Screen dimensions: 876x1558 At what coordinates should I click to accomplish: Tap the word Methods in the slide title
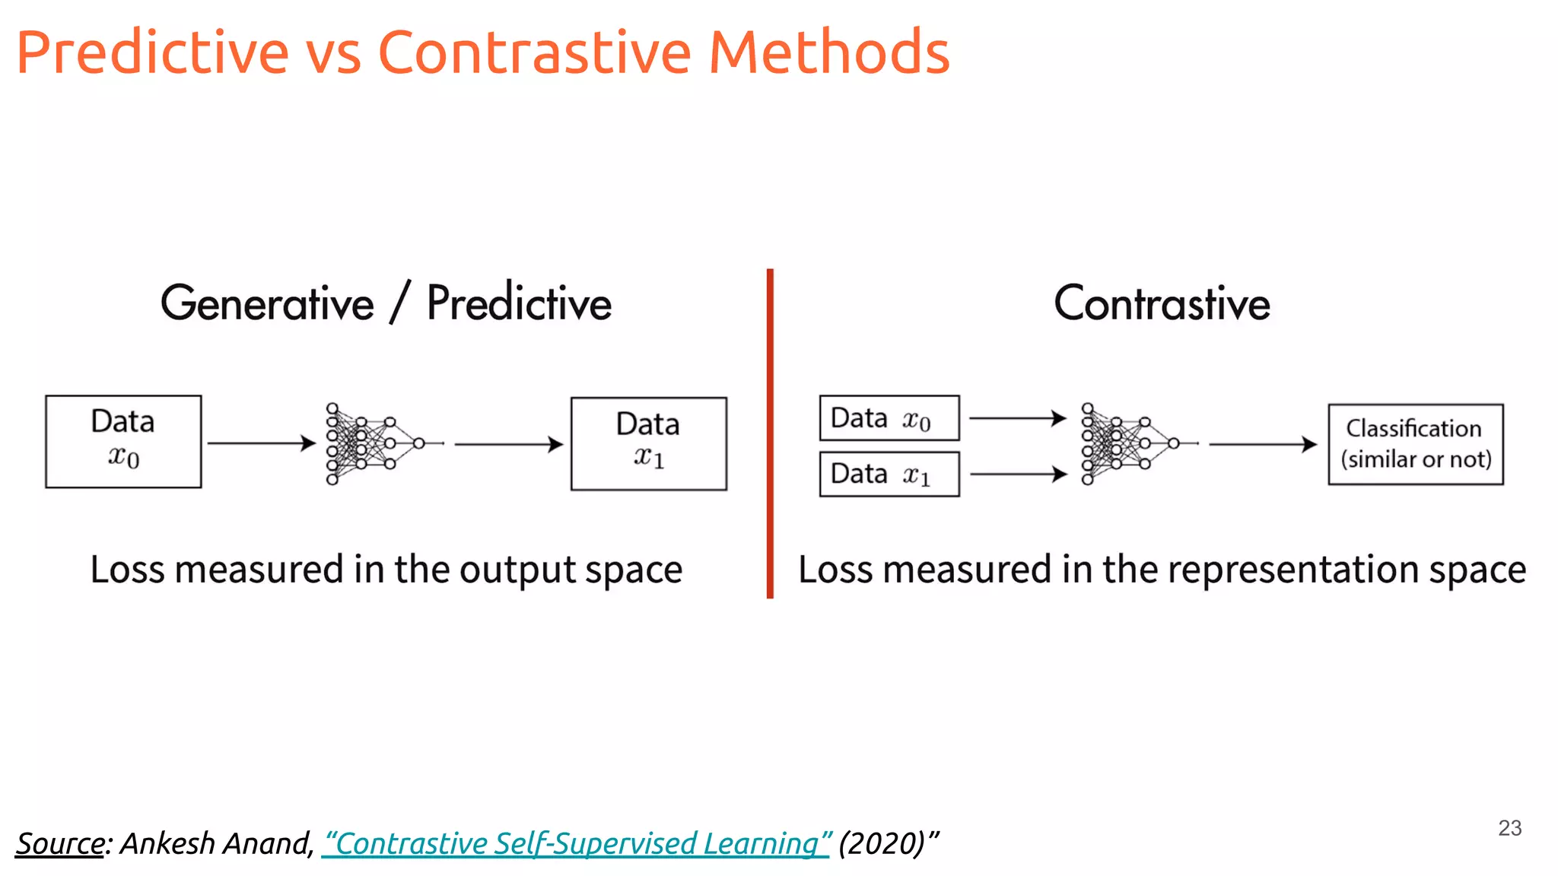828,53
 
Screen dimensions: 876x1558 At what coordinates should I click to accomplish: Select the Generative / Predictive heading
386,303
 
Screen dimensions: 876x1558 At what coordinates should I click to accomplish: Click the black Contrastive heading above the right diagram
1162,303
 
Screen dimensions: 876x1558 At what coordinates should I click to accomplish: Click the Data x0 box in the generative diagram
123,441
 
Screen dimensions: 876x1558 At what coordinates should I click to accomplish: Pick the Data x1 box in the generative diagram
649,443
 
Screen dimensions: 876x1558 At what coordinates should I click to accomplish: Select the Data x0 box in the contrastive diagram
889,417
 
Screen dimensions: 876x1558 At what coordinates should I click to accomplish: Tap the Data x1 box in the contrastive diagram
889,474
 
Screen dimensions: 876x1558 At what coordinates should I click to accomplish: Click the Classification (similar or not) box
1416,444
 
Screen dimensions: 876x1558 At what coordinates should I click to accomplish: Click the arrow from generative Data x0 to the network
261,443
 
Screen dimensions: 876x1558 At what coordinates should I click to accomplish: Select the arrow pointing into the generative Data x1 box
508,444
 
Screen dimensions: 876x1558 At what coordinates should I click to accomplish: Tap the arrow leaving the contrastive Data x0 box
1017,417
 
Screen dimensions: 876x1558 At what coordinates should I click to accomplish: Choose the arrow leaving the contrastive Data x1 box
1019,474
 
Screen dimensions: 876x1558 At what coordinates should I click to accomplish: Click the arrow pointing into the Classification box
1262,444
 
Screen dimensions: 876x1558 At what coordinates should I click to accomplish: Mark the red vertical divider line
770,433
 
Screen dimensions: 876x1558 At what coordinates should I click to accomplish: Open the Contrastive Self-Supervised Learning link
576,843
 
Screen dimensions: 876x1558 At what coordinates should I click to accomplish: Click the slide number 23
1509,828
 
